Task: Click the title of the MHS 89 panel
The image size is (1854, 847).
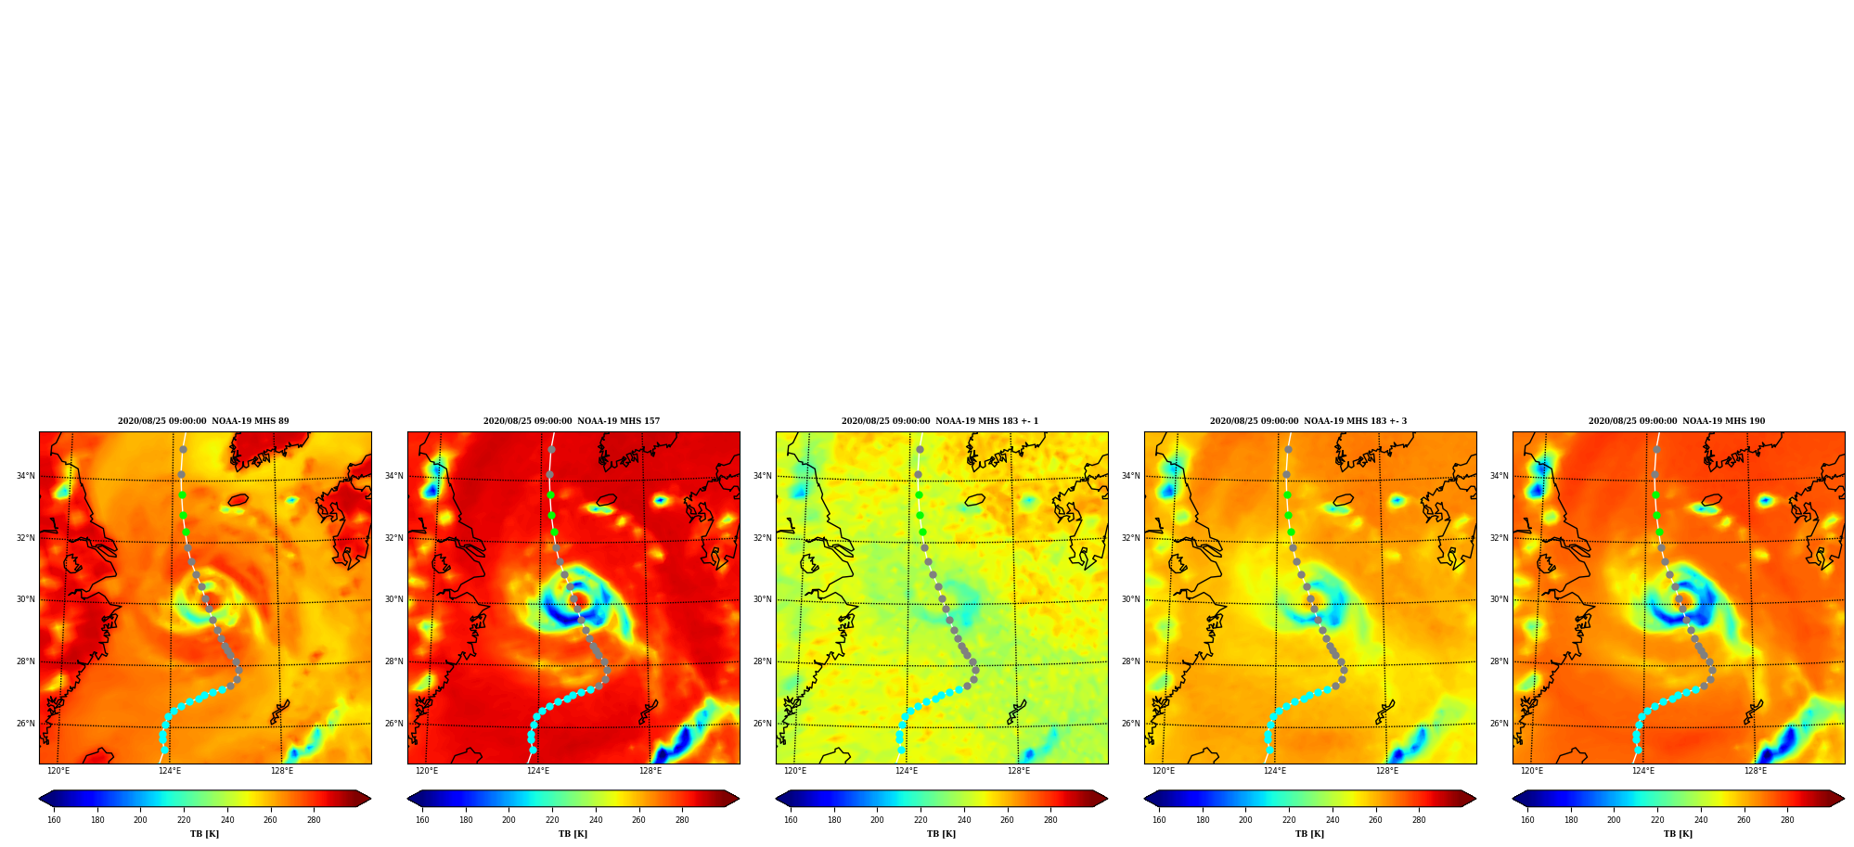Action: pyautogui.click(x=203, y=421)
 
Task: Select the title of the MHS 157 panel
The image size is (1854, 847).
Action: pyautogui.click(x=572, y=421)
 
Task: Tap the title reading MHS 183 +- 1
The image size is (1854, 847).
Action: pyautogui.click(x=940, y=421)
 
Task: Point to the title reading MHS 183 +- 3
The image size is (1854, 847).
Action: pyautogui.click(x=1308, y=421)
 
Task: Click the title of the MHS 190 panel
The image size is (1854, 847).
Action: pyautogui.click(x=1677, y=421)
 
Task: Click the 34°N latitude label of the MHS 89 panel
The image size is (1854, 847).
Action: pyautogui.click(x=25, y=477)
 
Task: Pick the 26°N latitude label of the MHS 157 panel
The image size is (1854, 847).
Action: pyautogui.click(x=393, y=724)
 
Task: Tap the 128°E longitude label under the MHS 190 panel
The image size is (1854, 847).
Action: pyautogui.click(x=1755, y=771)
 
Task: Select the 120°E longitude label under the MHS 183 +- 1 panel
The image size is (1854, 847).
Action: pyautogui.click(x=795, y=771)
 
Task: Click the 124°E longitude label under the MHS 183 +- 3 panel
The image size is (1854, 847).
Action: pyautogui.click(x=1275, y=771)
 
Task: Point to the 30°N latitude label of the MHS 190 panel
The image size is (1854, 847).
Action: pyautogui.click(x=1499, y=600)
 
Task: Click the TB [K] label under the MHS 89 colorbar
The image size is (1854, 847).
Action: pyautogui.click(x=204, y=834)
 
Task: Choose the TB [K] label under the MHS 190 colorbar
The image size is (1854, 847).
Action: pyautogui.click(x=1678, y=834)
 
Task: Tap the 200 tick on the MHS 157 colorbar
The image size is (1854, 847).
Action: pyautogui.click(x=509, y=820)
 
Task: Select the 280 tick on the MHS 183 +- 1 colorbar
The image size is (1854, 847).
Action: pyautogui.click(x=1050, y=820)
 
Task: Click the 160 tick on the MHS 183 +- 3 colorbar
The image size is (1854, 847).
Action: pyautogui.click(x=1159, y=820)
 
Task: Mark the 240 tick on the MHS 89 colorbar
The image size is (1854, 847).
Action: pyautogui.click(x=227, y=820)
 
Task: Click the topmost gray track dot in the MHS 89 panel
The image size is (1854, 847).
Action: pyautogui.click(x=183, y=450)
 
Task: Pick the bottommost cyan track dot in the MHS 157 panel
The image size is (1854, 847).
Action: pyautogui.click(x=533, y=750)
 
